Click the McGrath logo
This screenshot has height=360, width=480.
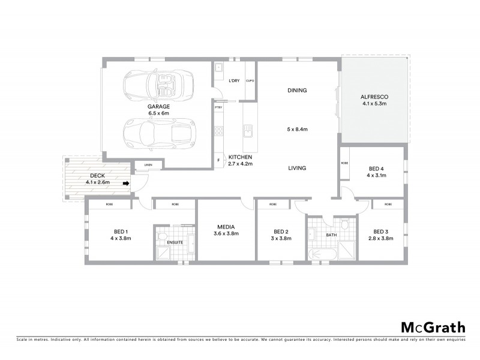click(433, 328)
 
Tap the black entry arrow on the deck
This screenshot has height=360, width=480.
click(126, 184)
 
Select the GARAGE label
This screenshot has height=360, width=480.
click(159, 106)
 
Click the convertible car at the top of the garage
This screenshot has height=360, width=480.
click(158, 85)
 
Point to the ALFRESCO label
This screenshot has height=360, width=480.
click(375, 97)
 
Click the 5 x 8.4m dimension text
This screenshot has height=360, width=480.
click(297, 129)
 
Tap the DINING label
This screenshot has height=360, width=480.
click(297, 91)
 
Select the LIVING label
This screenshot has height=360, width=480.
click(297, 169)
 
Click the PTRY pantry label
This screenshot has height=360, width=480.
click(218, 107)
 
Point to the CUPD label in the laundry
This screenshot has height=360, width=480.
click(250, 80)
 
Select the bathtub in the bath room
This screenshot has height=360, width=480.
click(322, 256)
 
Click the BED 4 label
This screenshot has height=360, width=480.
click(377, 169)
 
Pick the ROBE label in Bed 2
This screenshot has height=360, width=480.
click(273, 205)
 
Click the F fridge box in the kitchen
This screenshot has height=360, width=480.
click(218, 160)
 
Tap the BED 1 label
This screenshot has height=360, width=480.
click(121, 231)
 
